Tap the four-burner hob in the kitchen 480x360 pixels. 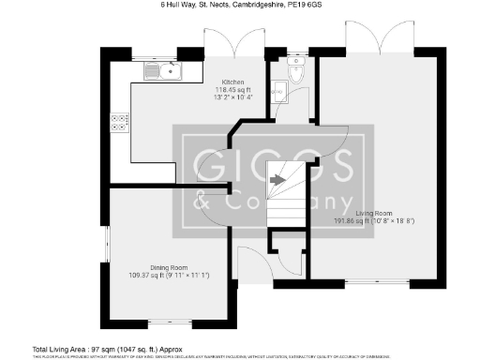point(121,122)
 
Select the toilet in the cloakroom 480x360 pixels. point(296,74)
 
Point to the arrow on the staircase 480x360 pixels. point(277,179)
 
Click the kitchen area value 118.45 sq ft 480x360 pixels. point(233,90)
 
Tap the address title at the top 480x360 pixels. point(239,6)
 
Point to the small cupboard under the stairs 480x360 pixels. point(286,251)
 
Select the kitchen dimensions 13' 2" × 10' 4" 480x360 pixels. point(233,97)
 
